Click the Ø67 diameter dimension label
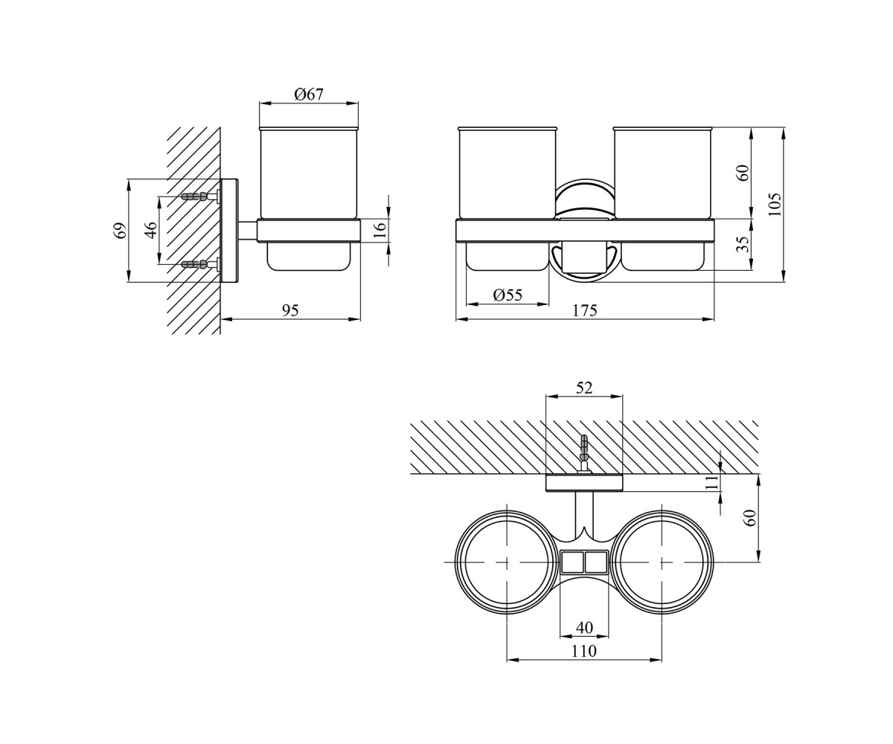(309, 94)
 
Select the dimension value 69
(121, 231)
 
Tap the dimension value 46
(150, 230)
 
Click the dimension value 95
(290, 310)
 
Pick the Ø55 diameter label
(508, 295)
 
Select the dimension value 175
(585, 310)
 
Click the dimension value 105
(775, 205)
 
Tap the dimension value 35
(743, 244)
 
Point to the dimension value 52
(584, 388)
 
